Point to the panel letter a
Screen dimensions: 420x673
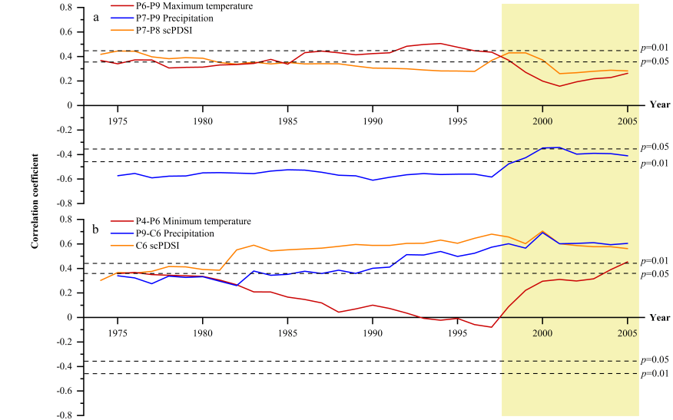pos(96,16)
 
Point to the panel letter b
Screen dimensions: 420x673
pos(96,229)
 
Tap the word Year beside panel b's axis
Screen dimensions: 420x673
pos(659,316)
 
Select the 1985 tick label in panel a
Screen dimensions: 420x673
pos(288,121)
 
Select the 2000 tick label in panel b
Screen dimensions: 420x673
pos(542,333)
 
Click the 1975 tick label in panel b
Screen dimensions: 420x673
pos(118,333)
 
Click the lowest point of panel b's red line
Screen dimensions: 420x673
pos(491,328)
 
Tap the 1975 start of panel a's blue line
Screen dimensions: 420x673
pos(118,176)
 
